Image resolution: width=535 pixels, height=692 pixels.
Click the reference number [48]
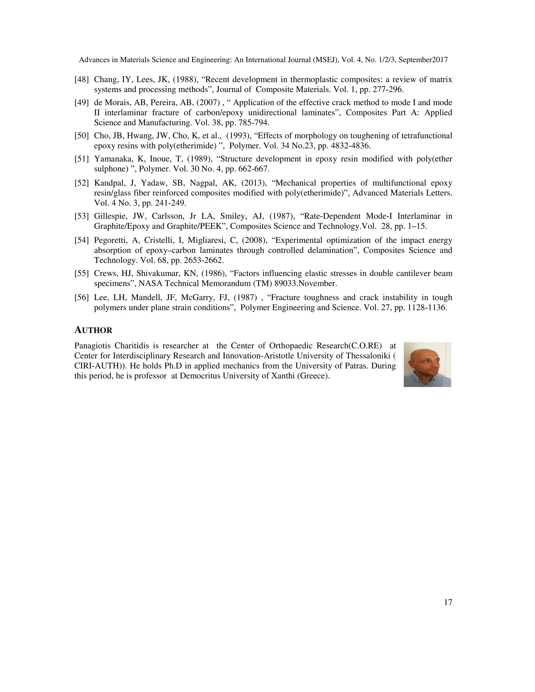point(82,80)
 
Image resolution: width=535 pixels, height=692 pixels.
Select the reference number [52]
point(82,183)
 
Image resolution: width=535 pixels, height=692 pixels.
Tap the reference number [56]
point(82,297)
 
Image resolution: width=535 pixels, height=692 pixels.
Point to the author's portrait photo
point(427,364)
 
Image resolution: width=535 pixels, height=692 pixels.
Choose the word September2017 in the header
point(423,60)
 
